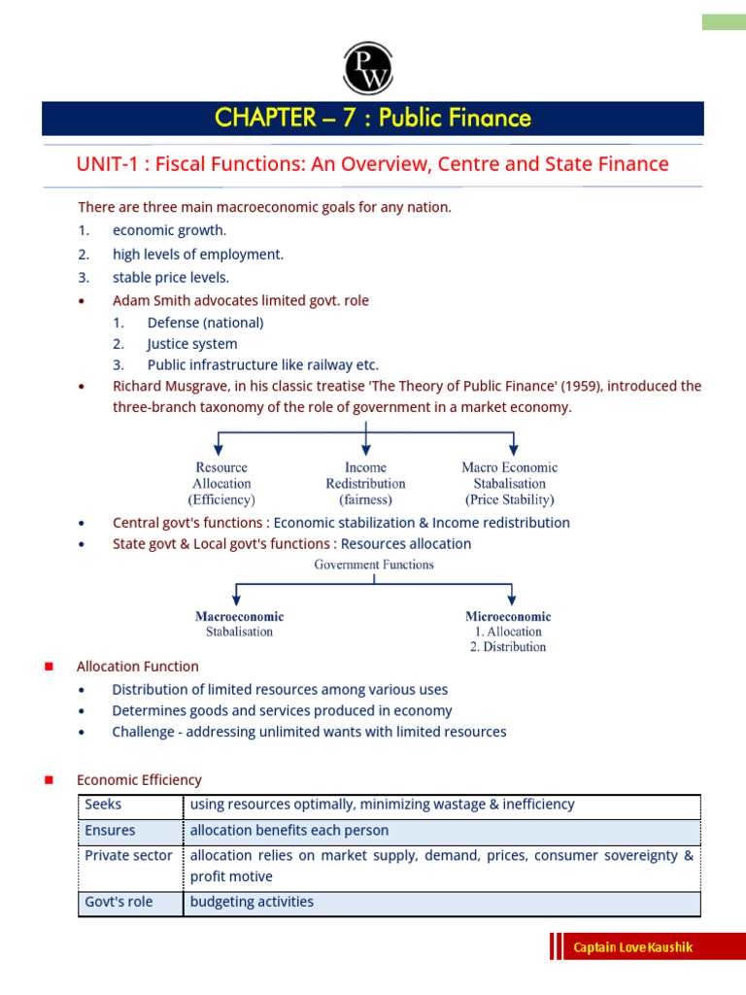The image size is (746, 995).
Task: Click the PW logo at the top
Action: pos(367,69)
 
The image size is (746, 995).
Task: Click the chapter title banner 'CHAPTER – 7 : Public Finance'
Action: pos(373,119)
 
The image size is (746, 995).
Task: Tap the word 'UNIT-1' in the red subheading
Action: pos(104,164)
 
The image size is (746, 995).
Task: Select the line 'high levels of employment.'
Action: pos(198,254)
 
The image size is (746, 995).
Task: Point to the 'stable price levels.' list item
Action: pos(171,277)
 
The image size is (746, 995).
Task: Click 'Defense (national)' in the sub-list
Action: pos(205,322)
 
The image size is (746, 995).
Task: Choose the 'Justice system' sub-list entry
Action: pos(191,343)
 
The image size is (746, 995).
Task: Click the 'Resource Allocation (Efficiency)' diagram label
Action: pos(222,484)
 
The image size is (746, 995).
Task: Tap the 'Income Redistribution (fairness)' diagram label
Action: pos(365,484)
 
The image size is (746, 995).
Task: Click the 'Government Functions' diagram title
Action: pos(373,564)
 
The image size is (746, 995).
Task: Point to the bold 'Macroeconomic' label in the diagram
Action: pos(239,616)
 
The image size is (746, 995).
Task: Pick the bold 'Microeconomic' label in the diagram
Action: pos(507,616)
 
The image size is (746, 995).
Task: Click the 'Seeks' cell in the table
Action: pos(104,805)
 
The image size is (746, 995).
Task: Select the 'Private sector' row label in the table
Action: pos(128,856)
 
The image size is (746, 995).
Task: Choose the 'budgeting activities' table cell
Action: pos(252,902)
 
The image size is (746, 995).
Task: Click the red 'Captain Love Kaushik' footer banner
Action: pos(633,947)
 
